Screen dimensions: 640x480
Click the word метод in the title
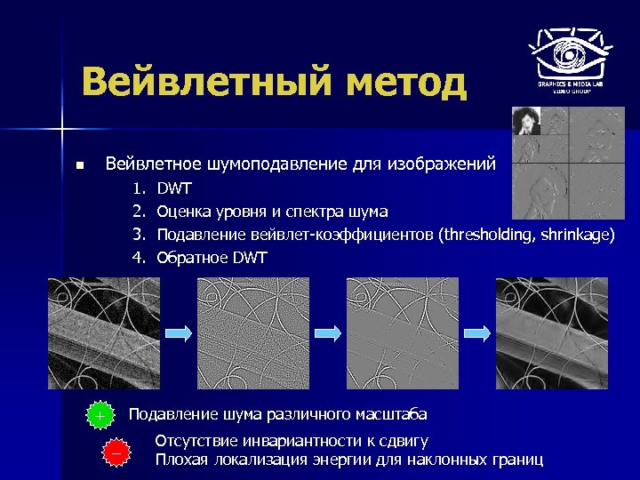pos(404,84)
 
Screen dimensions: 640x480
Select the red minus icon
pos(116,452)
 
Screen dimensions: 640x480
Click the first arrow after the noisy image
pos(178,332)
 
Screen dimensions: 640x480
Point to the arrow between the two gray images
pos(328,332)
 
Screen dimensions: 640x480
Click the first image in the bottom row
pos(103,332)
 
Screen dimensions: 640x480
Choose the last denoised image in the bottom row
pos(552,332)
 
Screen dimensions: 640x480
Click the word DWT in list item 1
pos(174,188)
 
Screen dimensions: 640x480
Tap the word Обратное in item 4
pos(193,258)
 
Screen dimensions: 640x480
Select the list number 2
pos(139,212)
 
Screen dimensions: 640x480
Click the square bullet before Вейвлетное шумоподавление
pos(79,165)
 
